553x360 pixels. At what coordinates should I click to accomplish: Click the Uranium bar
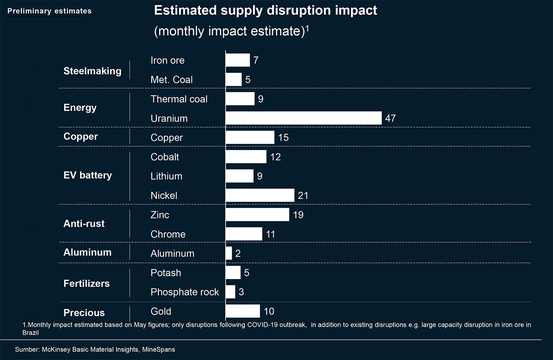[x=303, y=118]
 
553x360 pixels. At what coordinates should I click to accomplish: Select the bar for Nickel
[x=260, y=195]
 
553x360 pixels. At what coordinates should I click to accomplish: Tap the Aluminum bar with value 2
[x=229, y=253]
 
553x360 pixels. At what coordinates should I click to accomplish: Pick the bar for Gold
[x=243, y=311]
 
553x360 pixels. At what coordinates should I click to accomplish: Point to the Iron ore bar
[x=237, y=60]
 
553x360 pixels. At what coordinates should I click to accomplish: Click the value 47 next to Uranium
[x=390, y=118]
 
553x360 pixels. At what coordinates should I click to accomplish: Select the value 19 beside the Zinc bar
[x=298, y=215]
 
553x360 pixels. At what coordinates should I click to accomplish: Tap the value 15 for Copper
[x=283, y=138]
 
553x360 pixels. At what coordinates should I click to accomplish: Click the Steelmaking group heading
[x=92, y=71]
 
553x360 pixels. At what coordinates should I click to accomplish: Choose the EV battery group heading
[x=88, y=175]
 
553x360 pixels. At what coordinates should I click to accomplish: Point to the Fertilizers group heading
[x=87, y=283]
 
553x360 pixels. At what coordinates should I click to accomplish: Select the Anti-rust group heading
[x=84, y=224]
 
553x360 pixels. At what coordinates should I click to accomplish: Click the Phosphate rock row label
[x=184, y=292]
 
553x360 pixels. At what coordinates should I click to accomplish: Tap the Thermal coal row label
[x=179, y=99]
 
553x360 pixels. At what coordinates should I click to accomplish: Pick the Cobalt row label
[x=165, y=157]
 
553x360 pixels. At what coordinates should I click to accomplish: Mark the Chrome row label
[x=168, y=234]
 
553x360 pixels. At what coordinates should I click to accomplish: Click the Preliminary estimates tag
[x=49, y=11]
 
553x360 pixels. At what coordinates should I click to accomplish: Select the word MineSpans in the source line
[x=158, y=349]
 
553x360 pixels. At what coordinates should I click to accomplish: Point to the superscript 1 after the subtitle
[x=307, y=28]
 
